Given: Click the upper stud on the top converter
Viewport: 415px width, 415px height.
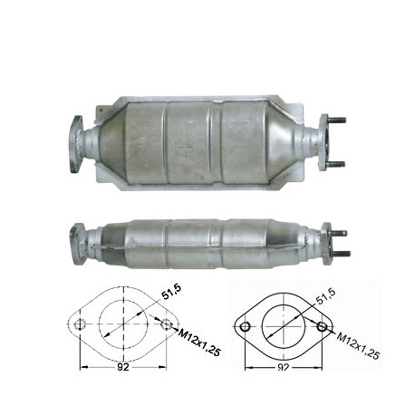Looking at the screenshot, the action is click(x=336, y=120).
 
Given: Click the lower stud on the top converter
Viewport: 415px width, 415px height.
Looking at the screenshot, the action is click(x=335, y=164).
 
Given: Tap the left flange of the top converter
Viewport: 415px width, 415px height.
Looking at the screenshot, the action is click(x=76, y=144).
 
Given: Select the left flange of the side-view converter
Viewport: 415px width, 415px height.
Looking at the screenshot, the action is click(x=77, y=245).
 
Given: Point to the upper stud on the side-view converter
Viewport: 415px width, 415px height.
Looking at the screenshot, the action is click(x=339, y=233).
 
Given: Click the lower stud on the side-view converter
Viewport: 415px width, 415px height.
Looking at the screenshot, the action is click(x=341, y=253).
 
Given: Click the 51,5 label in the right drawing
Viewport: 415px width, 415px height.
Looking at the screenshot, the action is click(x=325, y=296).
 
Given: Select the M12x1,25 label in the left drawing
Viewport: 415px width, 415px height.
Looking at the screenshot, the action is click(x=199, y=343).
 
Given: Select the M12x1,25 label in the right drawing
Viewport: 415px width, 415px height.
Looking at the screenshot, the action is click(x=358, y=346).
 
